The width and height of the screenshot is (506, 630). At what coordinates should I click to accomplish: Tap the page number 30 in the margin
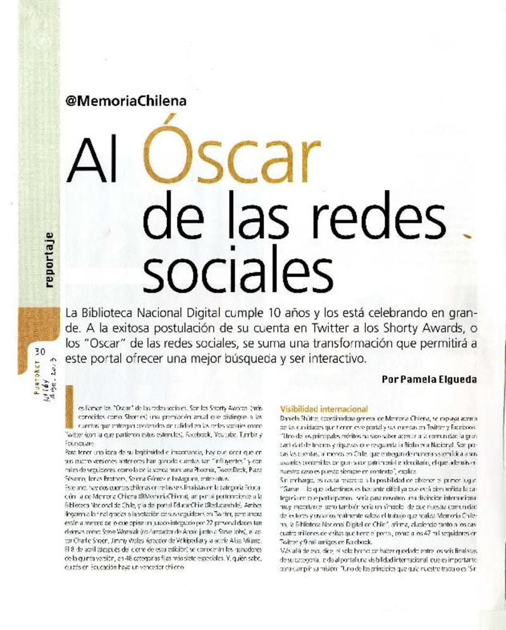point(40,353)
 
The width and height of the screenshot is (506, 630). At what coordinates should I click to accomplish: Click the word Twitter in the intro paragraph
point(306,329)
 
